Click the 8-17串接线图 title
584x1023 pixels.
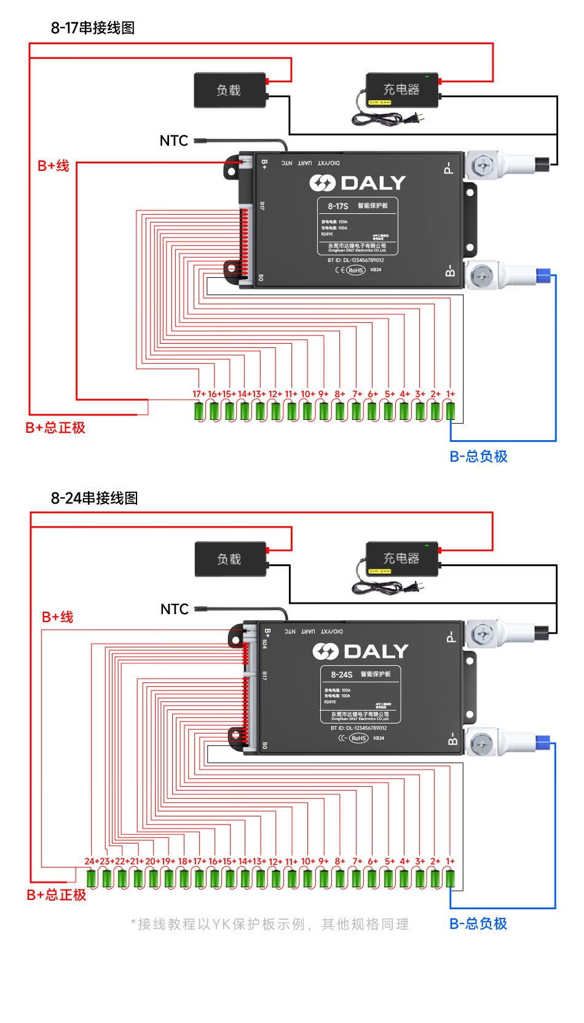92,28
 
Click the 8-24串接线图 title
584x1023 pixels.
94,498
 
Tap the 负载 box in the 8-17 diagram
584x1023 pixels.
230,90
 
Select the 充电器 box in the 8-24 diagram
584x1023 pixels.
402,558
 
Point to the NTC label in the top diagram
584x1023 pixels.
173,141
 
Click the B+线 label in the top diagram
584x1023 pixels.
53,166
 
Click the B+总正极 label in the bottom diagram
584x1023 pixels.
57,895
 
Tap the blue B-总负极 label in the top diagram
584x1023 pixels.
478,456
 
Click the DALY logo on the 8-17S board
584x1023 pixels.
357,183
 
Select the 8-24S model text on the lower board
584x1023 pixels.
341,674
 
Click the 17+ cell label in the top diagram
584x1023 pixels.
199,394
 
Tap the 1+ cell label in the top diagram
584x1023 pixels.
451,394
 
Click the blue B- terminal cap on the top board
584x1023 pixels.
543,275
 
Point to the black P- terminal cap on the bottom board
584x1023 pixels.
542,632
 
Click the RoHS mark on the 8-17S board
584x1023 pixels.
355,270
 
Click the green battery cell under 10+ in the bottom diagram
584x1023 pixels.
308,878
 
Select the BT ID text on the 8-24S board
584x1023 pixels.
358,728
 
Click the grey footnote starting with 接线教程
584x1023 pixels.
270,924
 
